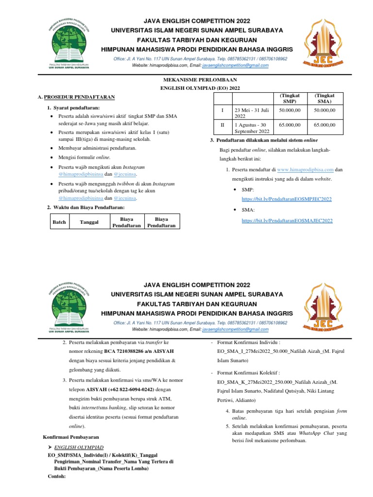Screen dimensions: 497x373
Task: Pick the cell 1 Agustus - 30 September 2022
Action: pos(251,128)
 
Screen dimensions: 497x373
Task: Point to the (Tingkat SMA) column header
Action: pos(324,99)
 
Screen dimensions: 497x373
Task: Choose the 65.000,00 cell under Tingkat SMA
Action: pos(324,125)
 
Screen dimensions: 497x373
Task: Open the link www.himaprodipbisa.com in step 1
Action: pos(305,169)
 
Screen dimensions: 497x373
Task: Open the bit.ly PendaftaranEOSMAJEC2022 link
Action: pos(287,220)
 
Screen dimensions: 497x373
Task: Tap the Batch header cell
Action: pos(59,222)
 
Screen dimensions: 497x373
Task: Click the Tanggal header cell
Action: pos(89,222)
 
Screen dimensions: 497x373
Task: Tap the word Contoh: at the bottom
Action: pos(57,476)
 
